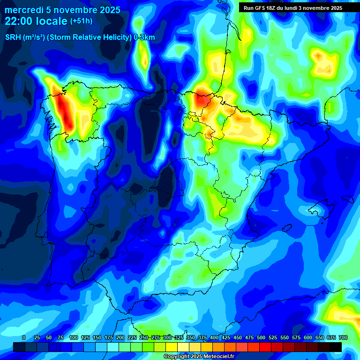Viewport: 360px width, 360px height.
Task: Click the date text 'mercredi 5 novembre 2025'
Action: click(x=62, y=10)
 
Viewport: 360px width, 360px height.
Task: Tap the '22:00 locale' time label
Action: click(x=36, y=21)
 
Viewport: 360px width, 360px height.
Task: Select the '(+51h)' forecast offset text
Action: click(x=81, y=21)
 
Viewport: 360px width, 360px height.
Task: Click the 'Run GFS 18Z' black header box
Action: click(x=293, y=8)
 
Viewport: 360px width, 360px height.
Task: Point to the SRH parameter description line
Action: click(x=80, y=37)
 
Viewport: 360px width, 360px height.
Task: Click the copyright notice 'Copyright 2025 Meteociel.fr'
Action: click(x=199, y=356)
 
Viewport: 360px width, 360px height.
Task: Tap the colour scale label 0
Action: click(x=24, y=337)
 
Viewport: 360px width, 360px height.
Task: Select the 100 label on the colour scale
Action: click(x=74, y=337)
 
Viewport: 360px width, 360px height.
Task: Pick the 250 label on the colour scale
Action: click(x=144, y=337)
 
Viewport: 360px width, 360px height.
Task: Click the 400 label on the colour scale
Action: click(x=214, y=337)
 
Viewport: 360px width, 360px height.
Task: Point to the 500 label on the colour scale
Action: click(x=261, y=337)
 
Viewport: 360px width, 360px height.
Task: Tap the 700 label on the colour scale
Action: click(x=343, y=337)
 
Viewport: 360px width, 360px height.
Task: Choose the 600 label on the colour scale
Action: click(x=308, y=337)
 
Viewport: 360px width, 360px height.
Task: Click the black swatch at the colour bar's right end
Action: click(x=336, y=347)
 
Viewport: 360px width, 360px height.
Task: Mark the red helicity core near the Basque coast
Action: click(x=203, y=98)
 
